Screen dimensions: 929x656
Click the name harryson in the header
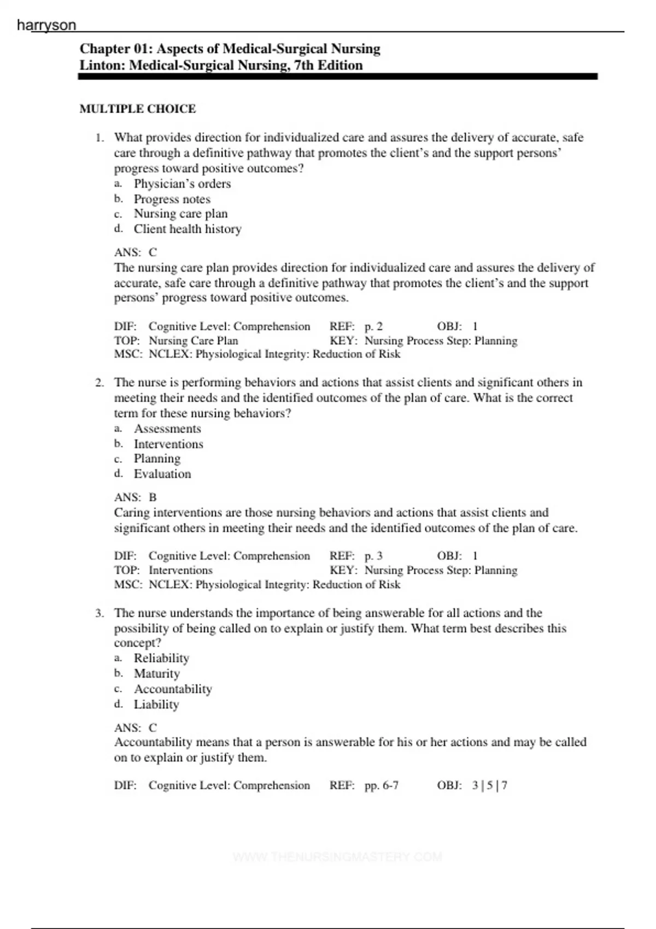[46, 25]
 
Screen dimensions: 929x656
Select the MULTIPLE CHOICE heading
[138, 109]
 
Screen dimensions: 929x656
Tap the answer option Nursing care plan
[180, 214]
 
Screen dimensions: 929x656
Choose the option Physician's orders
[182, 184]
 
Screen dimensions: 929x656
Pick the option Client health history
[188, 229]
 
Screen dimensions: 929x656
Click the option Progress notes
[172, 199]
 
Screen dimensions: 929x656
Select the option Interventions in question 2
[168, 444]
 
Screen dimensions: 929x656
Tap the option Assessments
[167, 428]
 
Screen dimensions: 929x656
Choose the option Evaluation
[162, 474]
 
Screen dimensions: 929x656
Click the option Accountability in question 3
[173, 689]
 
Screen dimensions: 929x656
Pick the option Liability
[156, 704]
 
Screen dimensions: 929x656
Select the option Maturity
[156, 673]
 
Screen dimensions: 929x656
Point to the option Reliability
[161, 658]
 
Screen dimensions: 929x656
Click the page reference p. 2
[373, 326]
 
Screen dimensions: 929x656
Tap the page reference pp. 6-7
[382, 785]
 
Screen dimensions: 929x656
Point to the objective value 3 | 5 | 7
[490, 785]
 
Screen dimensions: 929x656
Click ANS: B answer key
[136, 497]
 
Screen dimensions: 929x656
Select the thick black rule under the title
[337, 77]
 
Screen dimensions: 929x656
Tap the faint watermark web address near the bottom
[337, 856]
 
